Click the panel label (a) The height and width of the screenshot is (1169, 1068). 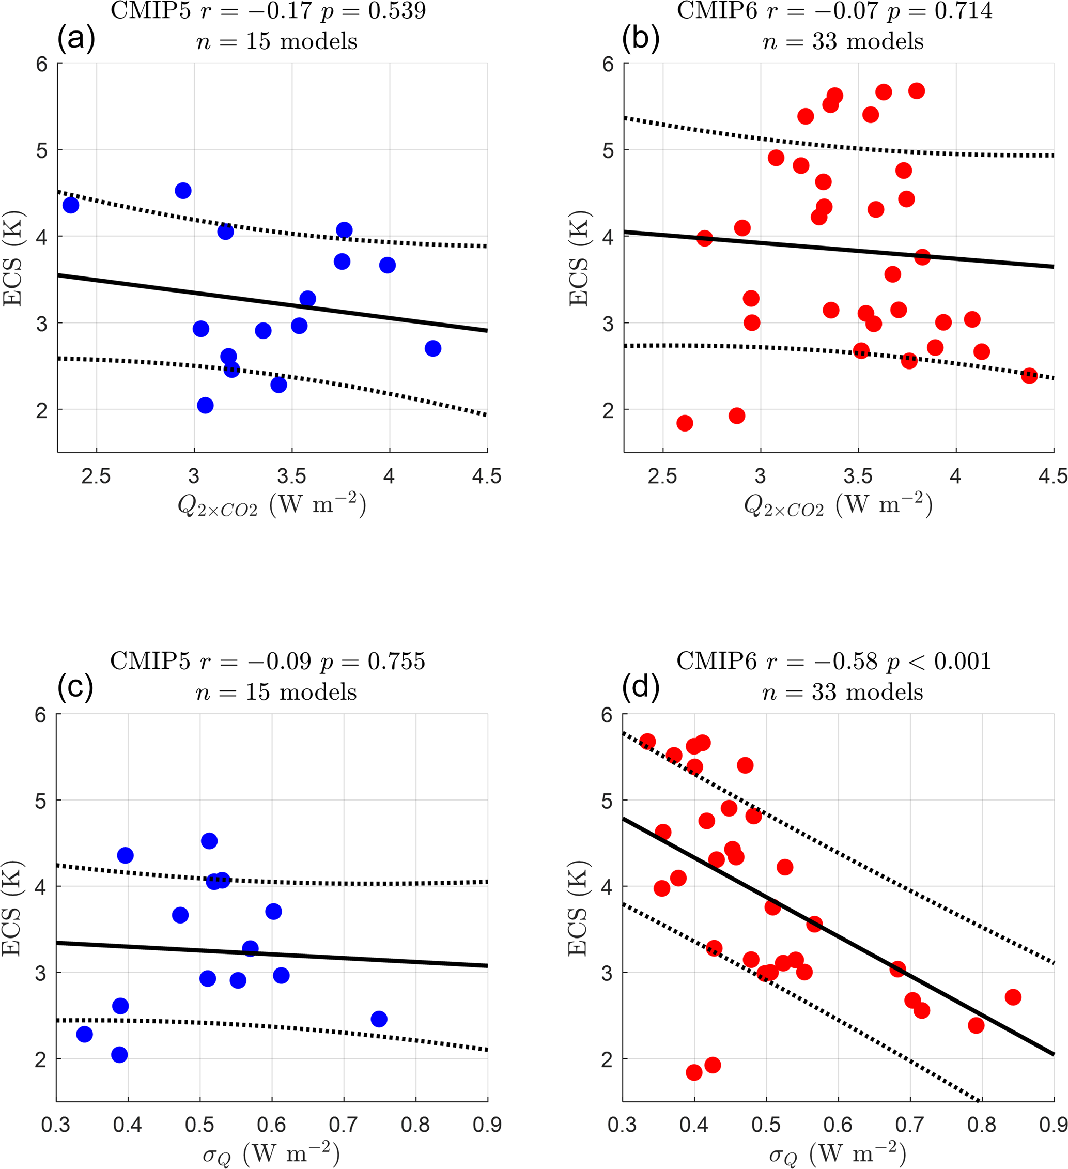click(x=76, y=39)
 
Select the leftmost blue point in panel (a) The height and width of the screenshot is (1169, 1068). click(x=71, y=205)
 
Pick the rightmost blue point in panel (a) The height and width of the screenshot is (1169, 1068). click(x=432, y=348)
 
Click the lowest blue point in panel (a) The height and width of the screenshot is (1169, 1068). click(x=205, y=405)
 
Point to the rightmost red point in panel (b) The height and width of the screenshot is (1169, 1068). click(x=1029, y=376)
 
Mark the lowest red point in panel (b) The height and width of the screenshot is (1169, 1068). click(x=685, y=423)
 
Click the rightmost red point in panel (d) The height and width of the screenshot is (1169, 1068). click(x=1013, y=997)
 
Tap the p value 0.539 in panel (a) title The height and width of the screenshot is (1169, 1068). click(x=397, y=10)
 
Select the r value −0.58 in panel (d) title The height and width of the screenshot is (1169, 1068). click(x=850, y=661)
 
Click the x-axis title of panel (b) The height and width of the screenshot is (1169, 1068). click(x=839, y=505)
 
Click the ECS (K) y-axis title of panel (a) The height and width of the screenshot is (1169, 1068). click(x=13, y=257)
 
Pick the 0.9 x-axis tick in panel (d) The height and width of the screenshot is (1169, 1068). click(x=1053, y=1126)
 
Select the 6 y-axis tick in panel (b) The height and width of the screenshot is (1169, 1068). click(x=608, y=65)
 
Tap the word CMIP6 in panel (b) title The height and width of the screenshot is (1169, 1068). click(x=717, y=10)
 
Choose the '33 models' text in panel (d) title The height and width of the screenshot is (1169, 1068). click(x=868, y=693)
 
